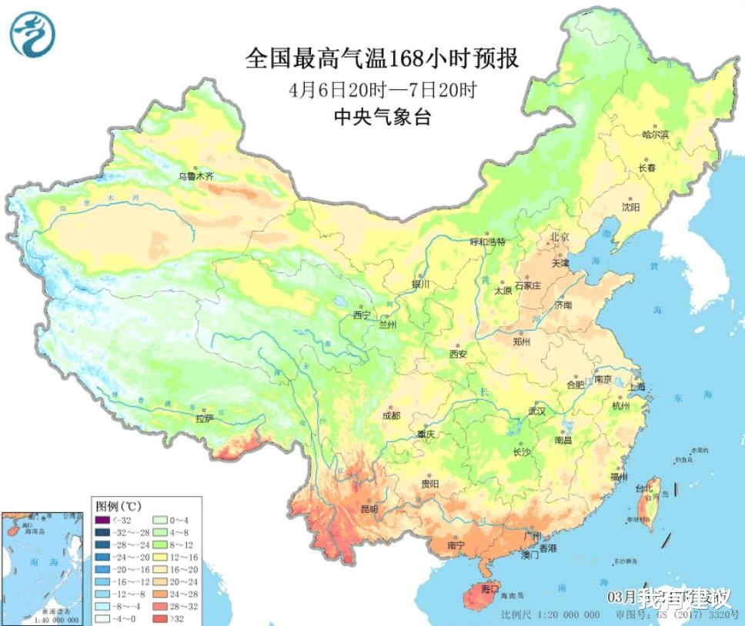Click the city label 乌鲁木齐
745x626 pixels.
195,176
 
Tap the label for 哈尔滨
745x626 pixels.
656,135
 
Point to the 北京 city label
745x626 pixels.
559,237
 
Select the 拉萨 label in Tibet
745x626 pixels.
204,419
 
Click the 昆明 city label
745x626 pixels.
368,509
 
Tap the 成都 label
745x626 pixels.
390,416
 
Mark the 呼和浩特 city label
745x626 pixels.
489,241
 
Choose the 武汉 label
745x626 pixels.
536,411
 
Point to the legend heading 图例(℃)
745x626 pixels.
118,507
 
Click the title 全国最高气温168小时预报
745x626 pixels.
382,59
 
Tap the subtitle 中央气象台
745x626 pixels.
382,118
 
